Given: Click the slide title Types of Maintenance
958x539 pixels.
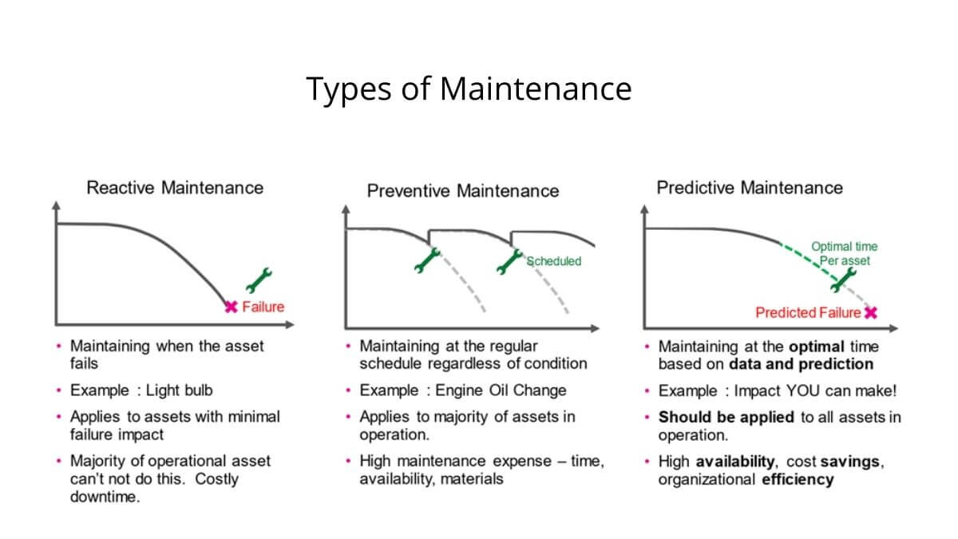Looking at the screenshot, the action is [469, 89].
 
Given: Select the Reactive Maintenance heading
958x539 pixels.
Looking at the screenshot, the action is [175, 188].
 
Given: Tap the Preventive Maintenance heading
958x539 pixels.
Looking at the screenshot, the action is [463, 191].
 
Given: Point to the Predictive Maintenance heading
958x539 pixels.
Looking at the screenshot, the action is [750, 188].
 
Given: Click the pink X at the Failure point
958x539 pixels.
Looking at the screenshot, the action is [231, 307].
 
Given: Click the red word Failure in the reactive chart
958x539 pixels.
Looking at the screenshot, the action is [263, 307].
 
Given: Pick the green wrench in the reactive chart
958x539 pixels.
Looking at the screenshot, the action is [259, 280].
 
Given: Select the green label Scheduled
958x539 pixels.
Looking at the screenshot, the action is [553, 261].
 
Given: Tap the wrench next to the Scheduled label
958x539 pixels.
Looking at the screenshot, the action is [509, 261].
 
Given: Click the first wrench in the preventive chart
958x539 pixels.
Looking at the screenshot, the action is [427, 260].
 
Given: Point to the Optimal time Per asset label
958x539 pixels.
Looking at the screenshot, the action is [845, 254].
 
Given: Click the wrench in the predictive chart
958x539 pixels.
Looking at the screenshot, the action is [843, 280].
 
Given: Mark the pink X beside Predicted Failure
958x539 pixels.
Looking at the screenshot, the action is [871, 313].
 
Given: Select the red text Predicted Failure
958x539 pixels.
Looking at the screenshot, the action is [808, 313].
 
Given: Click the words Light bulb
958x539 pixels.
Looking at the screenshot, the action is [179, 390].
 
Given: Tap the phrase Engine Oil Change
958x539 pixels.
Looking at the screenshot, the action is [501, 390].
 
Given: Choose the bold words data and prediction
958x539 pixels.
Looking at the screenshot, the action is [801, 364].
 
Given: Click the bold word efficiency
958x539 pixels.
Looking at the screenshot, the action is [798, 480].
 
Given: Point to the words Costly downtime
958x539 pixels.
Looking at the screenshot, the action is [154, 488].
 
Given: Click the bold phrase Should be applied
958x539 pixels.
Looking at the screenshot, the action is [726, 417].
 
